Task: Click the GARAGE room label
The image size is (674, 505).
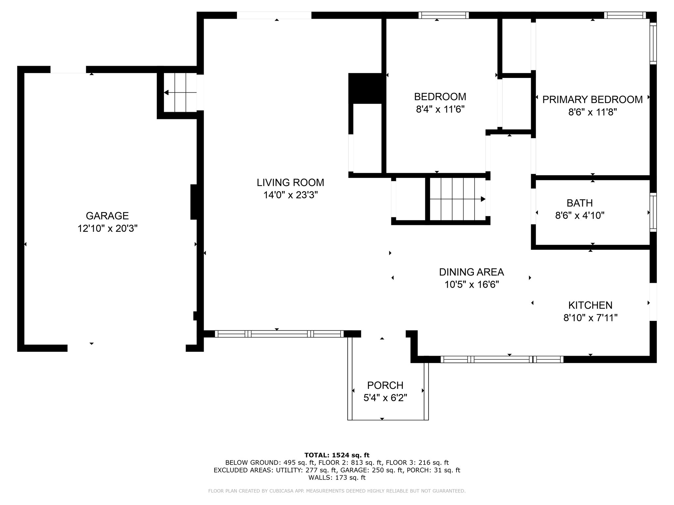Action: (x=107, y=216)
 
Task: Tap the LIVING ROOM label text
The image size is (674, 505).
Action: (x=290, y=182)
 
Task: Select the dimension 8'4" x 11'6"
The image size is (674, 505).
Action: (x=440, y=109)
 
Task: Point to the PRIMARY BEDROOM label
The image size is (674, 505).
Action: (x=592, y=99)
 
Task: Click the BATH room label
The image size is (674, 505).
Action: (x=580, y=203)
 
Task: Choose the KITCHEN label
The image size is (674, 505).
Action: (x=590, y=305)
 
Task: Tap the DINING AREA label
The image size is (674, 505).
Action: (x=471, y=272)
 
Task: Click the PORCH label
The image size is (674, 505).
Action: (x=385, y=385)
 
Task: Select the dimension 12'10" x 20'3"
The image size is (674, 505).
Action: (x=107, y=228)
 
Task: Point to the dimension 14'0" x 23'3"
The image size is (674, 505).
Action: (x=290, y=195)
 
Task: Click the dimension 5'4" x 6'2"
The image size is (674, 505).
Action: (x=385, y=398)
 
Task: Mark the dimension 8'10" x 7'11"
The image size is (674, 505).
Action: (x=590, y=318)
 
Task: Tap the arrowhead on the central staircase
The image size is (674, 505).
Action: (x=483, y=199)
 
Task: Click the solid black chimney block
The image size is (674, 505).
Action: (x=367, y=88)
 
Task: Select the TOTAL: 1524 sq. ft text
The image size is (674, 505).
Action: (x=337, y=455)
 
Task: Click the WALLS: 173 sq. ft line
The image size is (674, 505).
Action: (x=337, y=478)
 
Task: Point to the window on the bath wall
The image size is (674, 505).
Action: (x=653, y=212)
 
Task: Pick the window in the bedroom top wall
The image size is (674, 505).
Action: (x=444, y=15)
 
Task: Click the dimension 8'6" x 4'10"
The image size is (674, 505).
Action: (x=580, y=216)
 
